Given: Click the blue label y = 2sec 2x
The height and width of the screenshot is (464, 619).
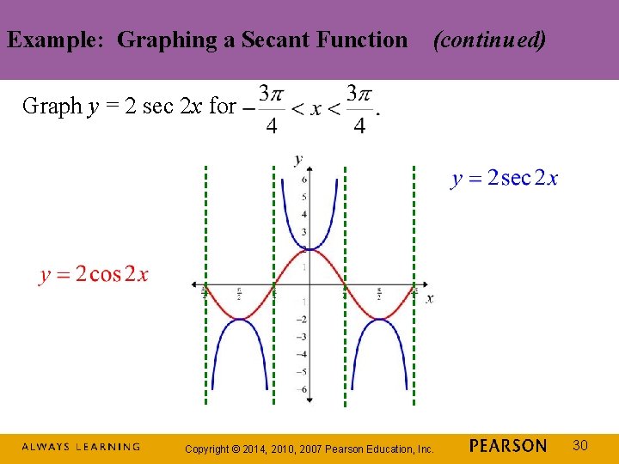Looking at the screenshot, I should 505,179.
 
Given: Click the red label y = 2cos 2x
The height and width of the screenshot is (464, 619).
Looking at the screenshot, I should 94,274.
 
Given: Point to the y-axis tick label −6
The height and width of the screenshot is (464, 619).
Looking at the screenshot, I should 302,389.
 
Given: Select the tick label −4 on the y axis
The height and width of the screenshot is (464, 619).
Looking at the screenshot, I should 302,354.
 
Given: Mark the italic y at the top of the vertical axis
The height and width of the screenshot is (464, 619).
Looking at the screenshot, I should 298,159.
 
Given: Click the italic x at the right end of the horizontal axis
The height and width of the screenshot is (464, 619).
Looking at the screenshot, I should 429,298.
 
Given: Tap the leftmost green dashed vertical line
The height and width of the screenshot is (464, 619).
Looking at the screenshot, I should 205,284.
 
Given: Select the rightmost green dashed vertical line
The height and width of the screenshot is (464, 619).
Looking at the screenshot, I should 414,284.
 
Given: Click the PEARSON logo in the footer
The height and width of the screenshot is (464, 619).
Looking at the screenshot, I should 508,446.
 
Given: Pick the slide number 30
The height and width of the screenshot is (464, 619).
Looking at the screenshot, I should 580,445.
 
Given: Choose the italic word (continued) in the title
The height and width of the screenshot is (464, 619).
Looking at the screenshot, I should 489,40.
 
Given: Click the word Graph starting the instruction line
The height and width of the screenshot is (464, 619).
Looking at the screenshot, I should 52,107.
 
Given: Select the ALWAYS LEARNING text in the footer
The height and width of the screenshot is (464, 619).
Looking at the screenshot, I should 80,447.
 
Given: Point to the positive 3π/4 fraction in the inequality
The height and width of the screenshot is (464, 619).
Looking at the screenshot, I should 359,108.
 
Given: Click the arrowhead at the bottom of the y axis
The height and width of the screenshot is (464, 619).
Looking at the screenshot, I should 309,399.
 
